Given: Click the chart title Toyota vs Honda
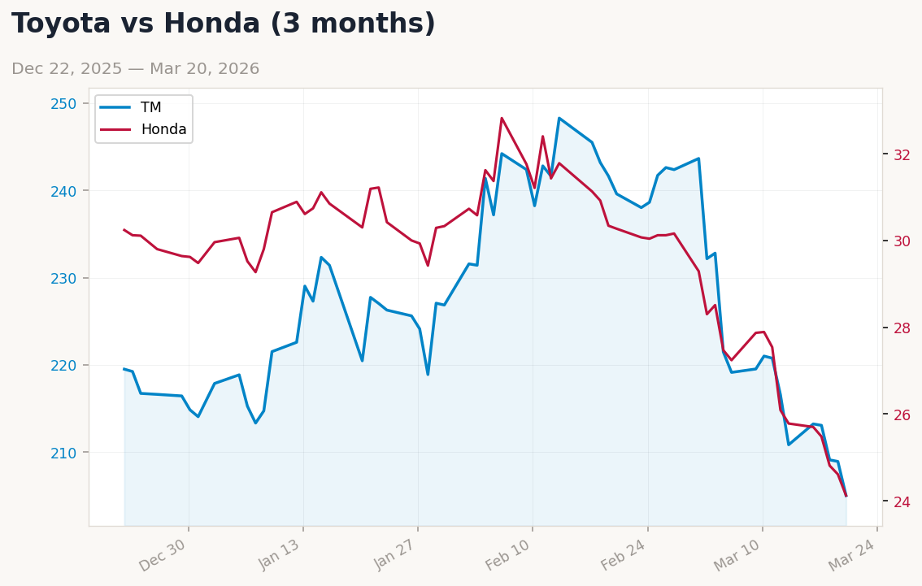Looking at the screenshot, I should click(x=224, y=24).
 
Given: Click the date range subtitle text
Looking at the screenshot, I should click(x=135, y=69).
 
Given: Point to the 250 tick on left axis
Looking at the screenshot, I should click(x=63, y=103).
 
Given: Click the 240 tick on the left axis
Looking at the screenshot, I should click(x=63, y=191).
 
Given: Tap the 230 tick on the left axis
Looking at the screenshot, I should click(x=63, y=278).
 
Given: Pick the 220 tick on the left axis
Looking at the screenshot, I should click(x=63, y=365).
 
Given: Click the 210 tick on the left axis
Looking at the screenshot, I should click(x=63, y=452).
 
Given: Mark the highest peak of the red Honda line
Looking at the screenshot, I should click(x=502, y=118).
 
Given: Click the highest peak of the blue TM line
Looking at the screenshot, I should click(x=559, y=118).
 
